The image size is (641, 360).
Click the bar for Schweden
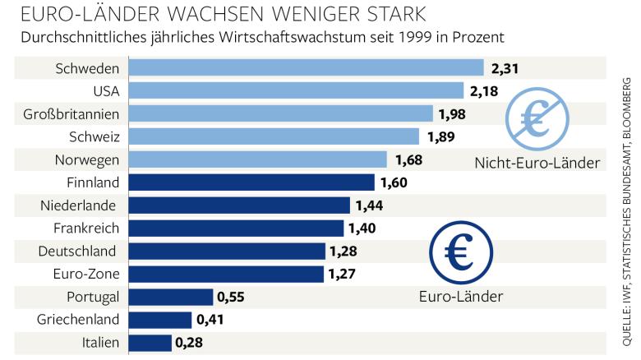pyautogui.click(x=306, y=68)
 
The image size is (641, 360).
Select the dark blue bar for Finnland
pyautogui.click(x=251, y=182)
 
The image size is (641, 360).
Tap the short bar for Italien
pyautogui.click(x=150, y=343)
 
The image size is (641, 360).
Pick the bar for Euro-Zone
pyautogui.click(x=226, y=274)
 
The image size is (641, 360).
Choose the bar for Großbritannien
pyautogui.click(x=281, y=113)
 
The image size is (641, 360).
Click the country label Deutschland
pyautogui.click(x=78, y=251)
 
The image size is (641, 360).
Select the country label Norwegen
pyautogui.click(x=87, y=159)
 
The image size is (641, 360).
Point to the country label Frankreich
pyautogui.click(x=85, y=228)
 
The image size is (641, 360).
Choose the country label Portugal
pyautogui.click(x=93, y=297)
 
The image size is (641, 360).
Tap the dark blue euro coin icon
pyautogui.click(x=459, y=252)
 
